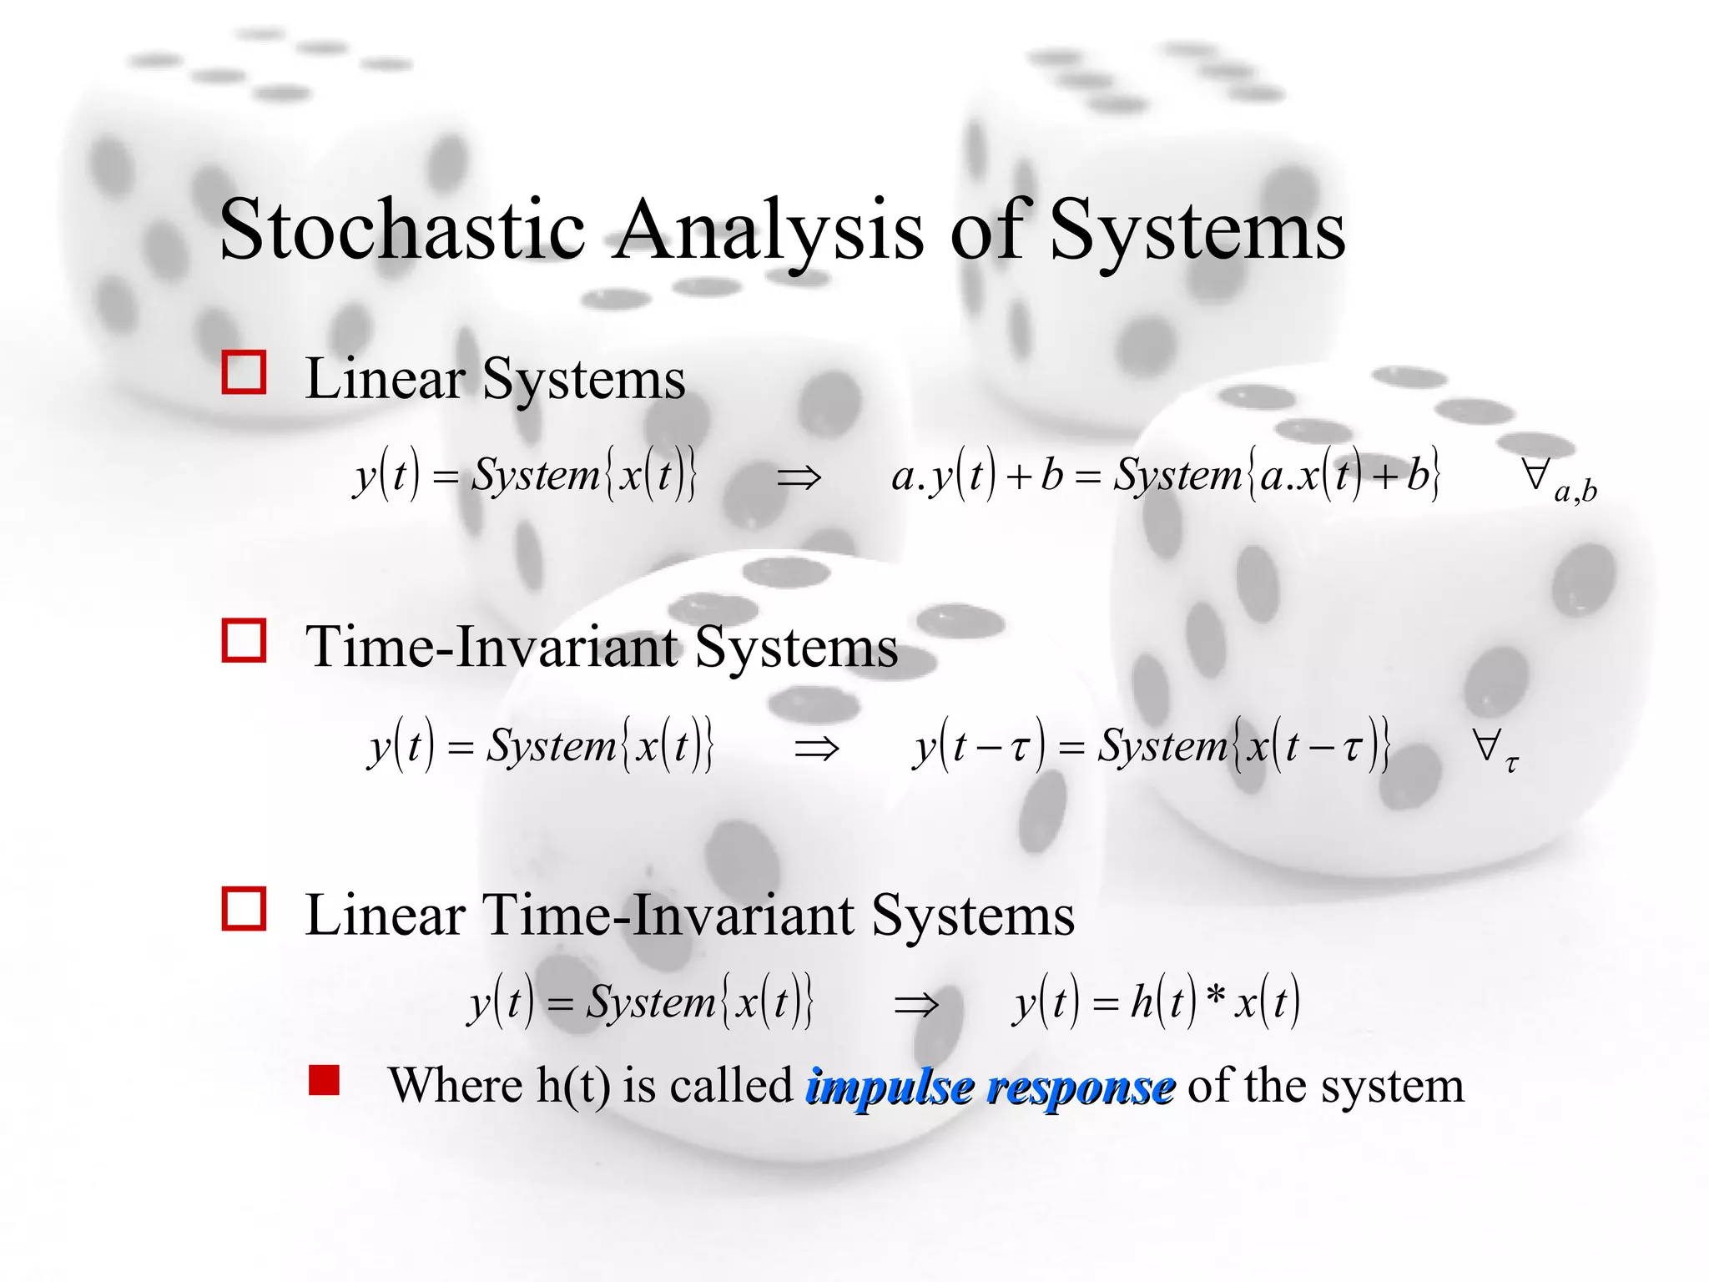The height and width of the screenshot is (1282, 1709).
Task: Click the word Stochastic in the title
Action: point(402,230)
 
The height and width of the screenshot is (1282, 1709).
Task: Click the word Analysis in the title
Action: point(769,230)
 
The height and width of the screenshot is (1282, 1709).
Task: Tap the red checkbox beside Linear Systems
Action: point(244,372)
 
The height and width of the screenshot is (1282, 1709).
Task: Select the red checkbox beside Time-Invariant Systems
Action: point(244,641)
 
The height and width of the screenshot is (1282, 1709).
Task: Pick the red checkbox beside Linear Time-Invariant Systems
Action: point(244,909)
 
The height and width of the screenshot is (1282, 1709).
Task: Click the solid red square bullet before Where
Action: point(324,1080)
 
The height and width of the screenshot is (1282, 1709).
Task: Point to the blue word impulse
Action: point(890,1087)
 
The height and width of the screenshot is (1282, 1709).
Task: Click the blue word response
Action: point(1081,1087)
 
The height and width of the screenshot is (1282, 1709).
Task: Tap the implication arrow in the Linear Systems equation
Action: point(799,478)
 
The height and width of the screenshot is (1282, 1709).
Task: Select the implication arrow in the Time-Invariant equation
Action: point(816,748)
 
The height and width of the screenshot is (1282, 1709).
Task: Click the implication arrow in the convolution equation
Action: point(915,1004)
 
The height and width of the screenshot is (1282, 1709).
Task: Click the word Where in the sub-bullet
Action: point(456,1086)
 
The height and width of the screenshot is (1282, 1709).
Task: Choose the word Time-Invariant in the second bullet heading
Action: point(492,647)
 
